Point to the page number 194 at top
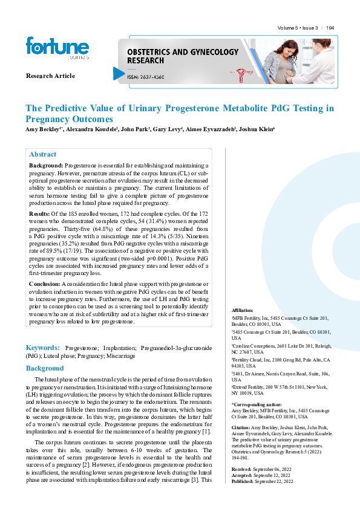330,28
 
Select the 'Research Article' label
50,76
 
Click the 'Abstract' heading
43,154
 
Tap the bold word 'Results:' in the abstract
40,213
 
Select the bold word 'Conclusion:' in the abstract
45,284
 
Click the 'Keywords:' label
42,348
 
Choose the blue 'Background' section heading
44,368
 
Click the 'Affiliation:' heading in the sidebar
243,310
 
